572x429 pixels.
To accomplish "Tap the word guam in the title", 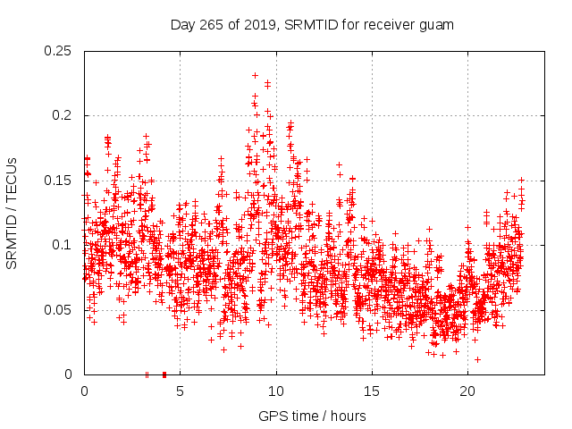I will click(x=437, y=24).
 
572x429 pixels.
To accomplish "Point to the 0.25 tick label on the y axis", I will click(x=59, y=51).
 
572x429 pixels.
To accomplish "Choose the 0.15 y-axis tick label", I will click(x=59, y=181).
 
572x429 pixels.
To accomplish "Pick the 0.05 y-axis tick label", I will click(x=59, y=309).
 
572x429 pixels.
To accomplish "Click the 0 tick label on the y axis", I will click(x=71, y=374).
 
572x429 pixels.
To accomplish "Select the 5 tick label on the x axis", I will click(x=180, y=391).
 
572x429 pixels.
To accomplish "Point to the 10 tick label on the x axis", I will click(x=276, y=391).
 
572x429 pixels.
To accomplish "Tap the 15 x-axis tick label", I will click(x=372, y=391).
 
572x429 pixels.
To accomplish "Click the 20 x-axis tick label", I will click(x=467, y=391).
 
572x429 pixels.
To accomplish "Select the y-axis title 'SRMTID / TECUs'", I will click(x=13, y=213).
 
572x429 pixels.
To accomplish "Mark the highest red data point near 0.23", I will click(x=255, y=76).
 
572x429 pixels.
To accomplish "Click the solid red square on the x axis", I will click(x=164, y=374).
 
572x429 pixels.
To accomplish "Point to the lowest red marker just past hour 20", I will click(x=477, y=359).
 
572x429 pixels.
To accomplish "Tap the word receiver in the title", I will click(x=386, y=24).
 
